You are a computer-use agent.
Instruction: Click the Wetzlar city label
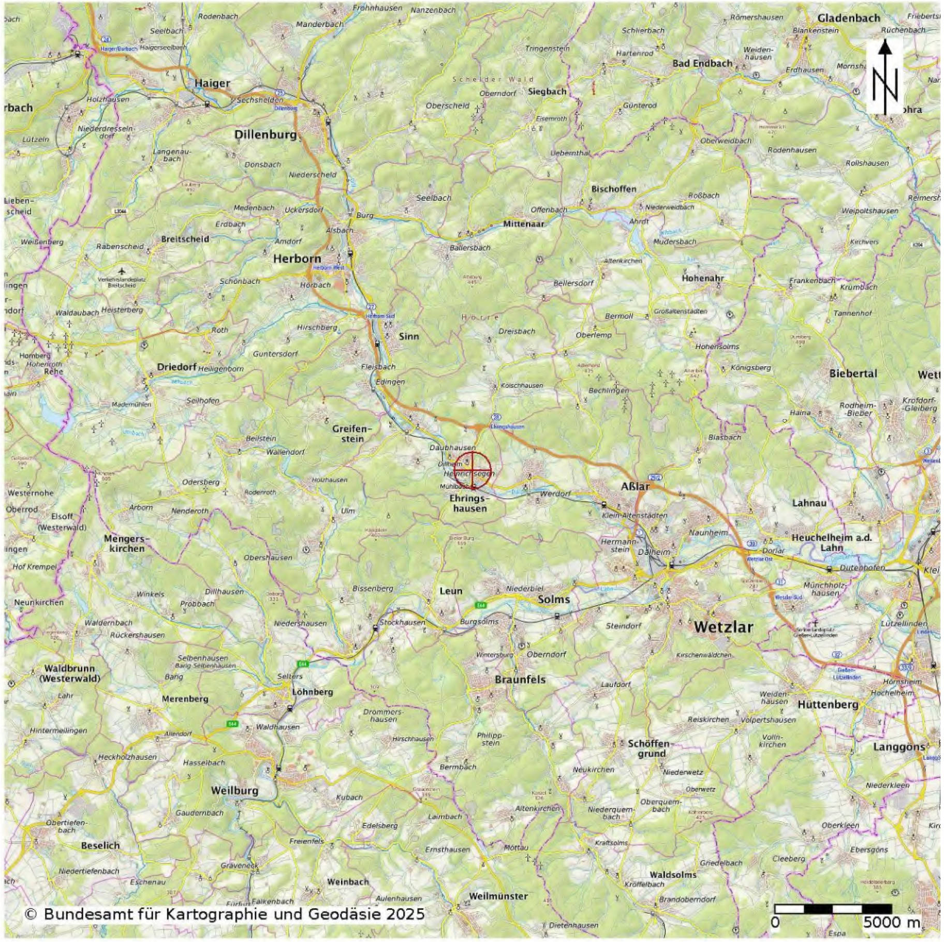click(x=723, y=626)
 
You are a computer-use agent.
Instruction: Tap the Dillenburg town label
click(x=265, y=135)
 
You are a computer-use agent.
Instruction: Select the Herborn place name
click(x=297, y=259)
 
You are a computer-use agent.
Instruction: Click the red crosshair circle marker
click(x=473, y=470)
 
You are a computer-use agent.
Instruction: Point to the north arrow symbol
click(x=885, y=78)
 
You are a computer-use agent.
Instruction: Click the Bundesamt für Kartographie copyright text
click(x=224, y=914)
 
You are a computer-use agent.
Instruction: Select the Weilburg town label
click(x=234, y=790)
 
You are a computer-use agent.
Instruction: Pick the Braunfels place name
click(x=520, y=680)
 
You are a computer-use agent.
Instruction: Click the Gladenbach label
click(x=849, y=18)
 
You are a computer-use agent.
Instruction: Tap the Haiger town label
click(x=212, y=83)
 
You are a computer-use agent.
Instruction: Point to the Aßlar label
click(x=635, y=487)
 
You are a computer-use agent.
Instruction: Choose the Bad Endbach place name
click(x=702, y=64)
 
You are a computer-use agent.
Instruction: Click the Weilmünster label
click(x=498, y=896)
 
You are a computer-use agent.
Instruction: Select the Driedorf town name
click(x=176, y=367)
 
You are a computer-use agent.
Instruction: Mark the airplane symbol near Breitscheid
click(x=122, y=271)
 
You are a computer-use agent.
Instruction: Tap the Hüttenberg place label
click(x=828, y=705)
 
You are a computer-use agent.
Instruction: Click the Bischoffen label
click(x=613, y=189)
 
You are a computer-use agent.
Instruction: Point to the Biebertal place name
click(x=853, y=373)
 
